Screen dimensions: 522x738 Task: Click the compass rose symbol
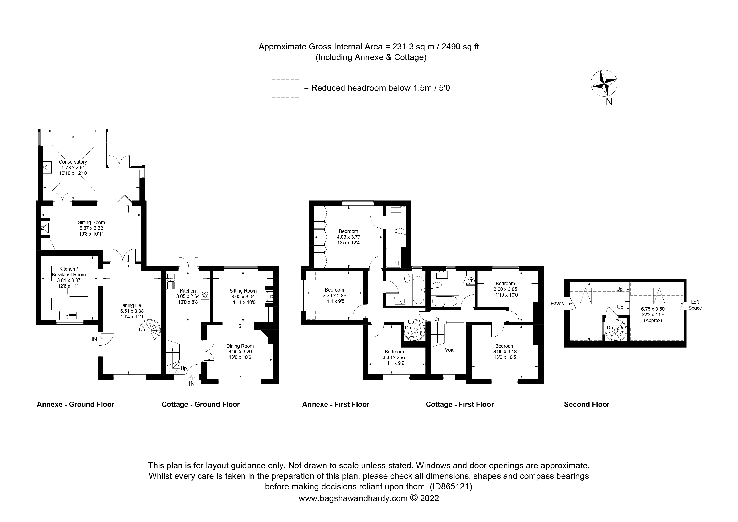tap(604, 84)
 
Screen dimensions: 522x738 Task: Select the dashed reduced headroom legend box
tap(285, 88)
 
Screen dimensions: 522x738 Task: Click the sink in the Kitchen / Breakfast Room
tap(67, 314)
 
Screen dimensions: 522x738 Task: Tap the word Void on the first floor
tap(449, 350)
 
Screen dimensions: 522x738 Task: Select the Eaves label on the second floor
tap(557, 303)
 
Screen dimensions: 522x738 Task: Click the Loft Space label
tap(695, 305)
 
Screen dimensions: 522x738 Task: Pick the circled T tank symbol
tap(471, 281)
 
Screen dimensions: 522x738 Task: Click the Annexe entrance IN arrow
tap(100, 338)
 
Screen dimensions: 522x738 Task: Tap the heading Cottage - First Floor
tap(459, 404)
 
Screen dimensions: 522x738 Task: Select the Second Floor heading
tap(586, 404)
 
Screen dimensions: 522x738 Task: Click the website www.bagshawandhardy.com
tap(353, 498)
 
